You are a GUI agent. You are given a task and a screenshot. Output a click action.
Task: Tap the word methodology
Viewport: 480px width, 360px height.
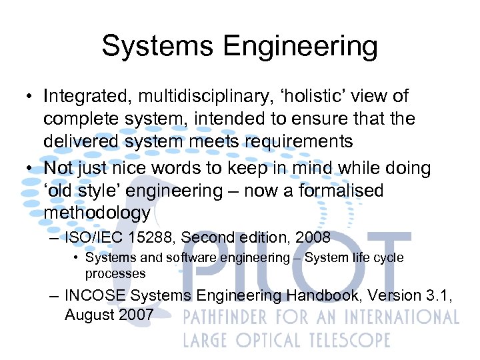click(x=97, y=214)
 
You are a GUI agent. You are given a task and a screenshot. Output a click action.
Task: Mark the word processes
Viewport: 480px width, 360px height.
click(x=115, y=273)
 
